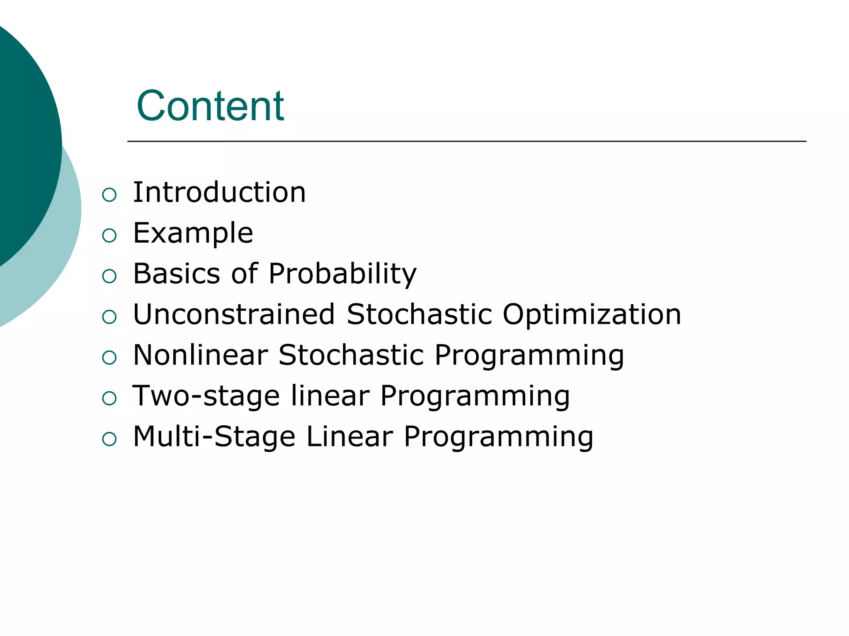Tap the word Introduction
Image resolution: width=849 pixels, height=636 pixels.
tap(219, 193)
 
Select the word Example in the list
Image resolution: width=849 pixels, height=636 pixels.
tap(193, 233)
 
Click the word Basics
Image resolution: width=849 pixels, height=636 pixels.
tap(177, 274)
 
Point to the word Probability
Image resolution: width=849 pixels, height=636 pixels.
tap(342, 275)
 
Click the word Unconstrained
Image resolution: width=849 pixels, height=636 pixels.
tap(234, 314)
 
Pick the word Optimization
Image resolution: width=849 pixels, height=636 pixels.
tap(592, 315)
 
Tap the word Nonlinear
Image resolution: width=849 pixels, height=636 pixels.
tap(201, 355)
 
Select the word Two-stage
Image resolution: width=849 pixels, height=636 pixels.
tap(206, 396)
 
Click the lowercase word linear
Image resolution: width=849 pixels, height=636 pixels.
tap(330, 395)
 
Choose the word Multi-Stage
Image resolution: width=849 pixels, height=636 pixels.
tap(214, 436)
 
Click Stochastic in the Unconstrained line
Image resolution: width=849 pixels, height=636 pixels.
tap(419, 314)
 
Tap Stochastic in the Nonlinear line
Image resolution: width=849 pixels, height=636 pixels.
tap(351, 355)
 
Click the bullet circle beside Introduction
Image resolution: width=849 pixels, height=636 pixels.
tap(109, 195)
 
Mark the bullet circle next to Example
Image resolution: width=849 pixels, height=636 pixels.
tap(109, 236)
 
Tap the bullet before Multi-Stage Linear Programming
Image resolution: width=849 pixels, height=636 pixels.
tap(109, 439)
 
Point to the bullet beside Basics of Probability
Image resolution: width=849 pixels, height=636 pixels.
tap(109, 276)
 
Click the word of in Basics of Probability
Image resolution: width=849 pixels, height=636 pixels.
tap(245, 274)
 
